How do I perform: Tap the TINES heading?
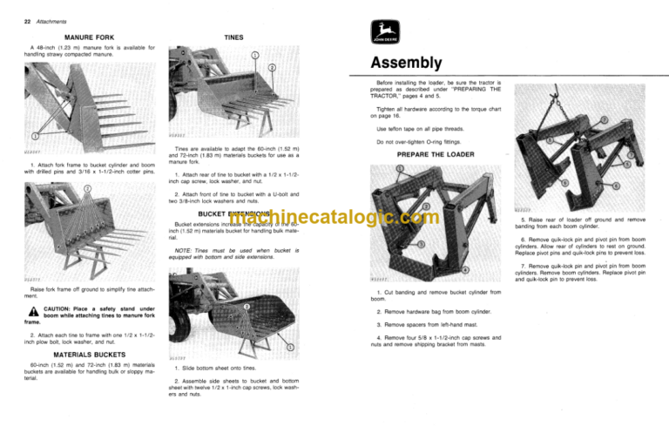[233, 38]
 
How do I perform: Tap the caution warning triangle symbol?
[18, 311]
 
